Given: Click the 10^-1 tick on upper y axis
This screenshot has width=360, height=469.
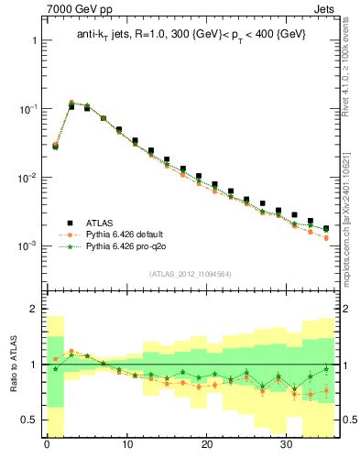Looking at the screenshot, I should (27, 109).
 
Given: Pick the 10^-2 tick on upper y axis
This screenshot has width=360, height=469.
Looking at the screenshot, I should (27, 178).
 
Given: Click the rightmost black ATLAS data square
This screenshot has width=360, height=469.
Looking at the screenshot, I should (326, 228).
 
